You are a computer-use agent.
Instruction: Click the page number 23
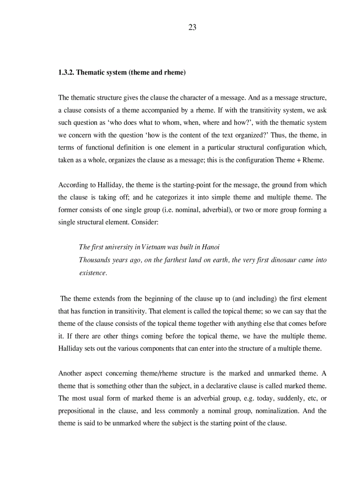192,27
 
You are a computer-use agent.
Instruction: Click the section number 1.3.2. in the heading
66,72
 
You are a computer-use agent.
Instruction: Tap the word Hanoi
210,247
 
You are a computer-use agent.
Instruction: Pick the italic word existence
93,273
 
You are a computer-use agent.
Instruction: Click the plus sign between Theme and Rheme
298,160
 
